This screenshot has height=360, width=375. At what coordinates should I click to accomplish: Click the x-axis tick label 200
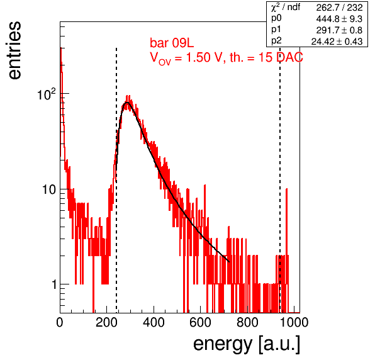[x=106, y=322]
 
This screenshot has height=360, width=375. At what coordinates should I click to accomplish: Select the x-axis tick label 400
[x=154, y=322]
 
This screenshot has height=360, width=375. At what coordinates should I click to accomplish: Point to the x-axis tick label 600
[x=201, y=322]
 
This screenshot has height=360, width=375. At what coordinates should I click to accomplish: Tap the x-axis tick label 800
[x=247, y=322]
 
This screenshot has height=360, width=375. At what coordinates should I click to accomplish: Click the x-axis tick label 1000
[x=294, y=322]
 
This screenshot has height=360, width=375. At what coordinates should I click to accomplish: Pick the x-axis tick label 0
[x=60, y=322]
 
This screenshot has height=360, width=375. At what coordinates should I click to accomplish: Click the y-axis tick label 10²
[x=47, y=94]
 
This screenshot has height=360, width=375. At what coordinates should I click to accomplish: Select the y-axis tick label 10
[x=49, y=189]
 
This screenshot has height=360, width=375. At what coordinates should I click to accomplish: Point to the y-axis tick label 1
[x=54, y=284]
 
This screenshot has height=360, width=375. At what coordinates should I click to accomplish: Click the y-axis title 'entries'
[x=14, y=50]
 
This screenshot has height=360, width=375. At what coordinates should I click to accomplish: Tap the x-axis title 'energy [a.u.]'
[x=247, y=345]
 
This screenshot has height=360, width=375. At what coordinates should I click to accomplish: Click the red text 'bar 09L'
[x=172, y=43]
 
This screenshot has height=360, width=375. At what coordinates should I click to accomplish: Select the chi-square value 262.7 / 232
[x=339, y=8]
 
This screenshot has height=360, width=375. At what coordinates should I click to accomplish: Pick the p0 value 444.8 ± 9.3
[x=339, y=19]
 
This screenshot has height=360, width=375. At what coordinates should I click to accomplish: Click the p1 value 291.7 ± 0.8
[x=339, y=30]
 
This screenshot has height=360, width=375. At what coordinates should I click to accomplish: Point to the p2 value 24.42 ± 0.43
[x=337, y=42]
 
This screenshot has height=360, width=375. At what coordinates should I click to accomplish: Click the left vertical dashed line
[x=116, y=180]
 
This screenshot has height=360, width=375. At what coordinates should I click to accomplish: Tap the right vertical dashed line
[x=280, y=180]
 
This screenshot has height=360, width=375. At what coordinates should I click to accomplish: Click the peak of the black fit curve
[x=128, y=103]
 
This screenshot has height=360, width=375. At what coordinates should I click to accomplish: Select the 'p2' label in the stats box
[x=276, y=41]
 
